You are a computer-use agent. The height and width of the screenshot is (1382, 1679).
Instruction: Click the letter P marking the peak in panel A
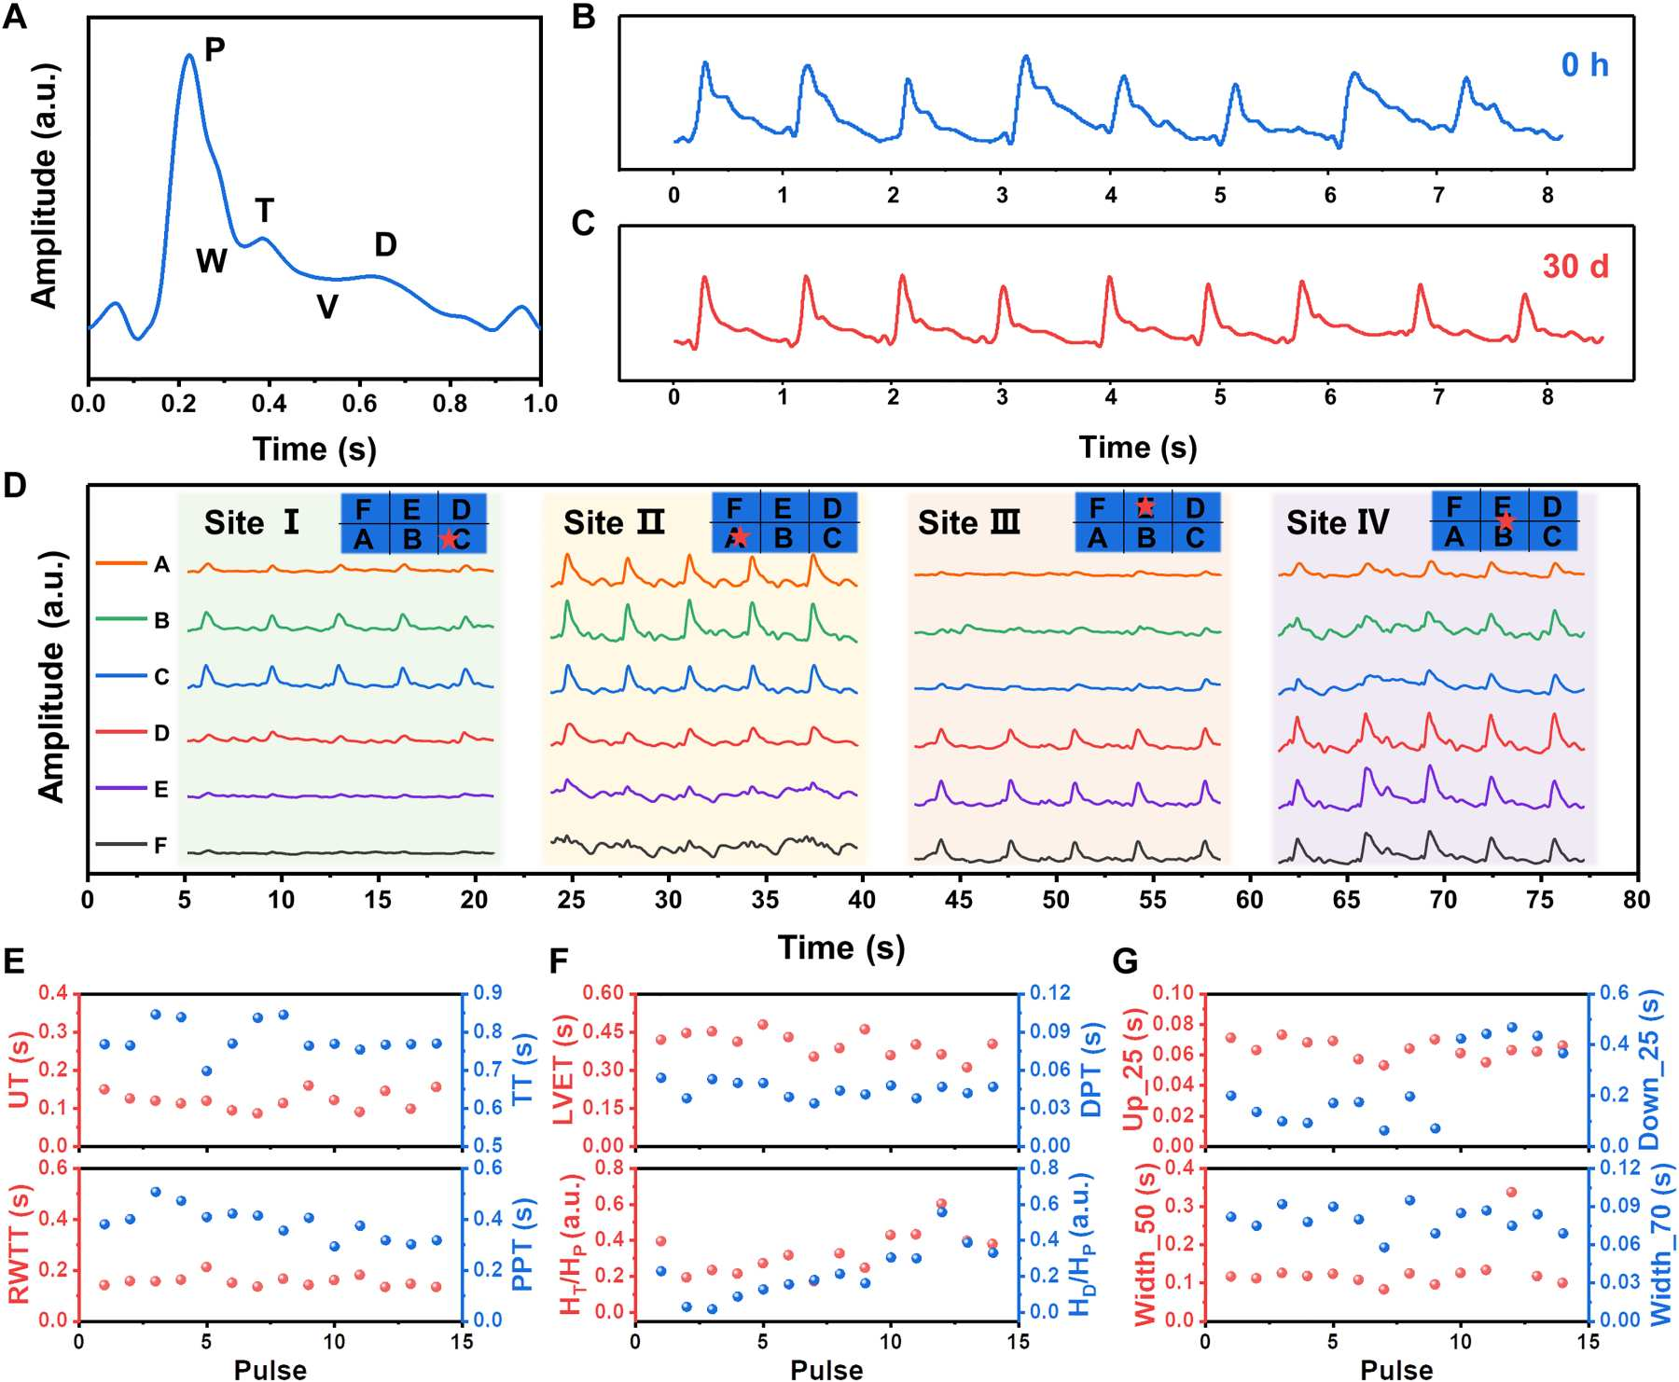click(215, 49)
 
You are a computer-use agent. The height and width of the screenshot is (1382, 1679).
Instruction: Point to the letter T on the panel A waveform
click(265, 212)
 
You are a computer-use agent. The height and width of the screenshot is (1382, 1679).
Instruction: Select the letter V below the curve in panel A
click(326, 307)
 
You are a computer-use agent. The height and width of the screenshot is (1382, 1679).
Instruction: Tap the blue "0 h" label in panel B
click(1585, 65)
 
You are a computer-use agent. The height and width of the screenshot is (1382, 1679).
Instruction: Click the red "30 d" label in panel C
click(1575, 267)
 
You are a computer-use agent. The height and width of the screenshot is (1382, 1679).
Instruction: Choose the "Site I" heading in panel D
click(252, 523)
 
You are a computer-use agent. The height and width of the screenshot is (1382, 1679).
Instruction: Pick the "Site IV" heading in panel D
click(1338, 523)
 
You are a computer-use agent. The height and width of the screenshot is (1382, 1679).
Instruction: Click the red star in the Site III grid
click(1145, 506)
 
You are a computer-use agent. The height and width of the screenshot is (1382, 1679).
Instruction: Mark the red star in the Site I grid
click(449, 539)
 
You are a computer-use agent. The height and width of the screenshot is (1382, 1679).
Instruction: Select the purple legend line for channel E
click(121, 789)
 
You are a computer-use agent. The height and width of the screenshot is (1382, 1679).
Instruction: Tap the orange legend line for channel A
click(121, 563)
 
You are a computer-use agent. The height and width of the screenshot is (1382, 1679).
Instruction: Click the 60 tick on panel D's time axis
click(1250, 900)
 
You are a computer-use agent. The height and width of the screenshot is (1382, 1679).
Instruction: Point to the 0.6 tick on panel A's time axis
click(360, 404)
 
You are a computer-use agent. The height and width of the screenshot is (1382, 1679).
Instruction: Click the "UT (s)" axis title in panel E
click(20, 1070)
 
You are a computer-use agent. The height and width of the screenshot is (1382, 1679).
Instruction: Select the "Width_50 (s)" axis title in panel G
click(1145, 1245)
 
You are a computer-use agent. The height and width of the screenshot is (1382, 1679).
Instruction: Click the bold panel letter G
click(1126, 961)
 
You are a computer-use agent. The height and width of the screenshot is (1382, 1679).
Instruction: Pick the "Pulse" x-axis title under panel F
click(826, 1370)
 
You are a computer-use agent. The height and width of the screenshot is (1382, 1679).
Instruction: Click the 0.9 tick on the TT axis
click(488, 993)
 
